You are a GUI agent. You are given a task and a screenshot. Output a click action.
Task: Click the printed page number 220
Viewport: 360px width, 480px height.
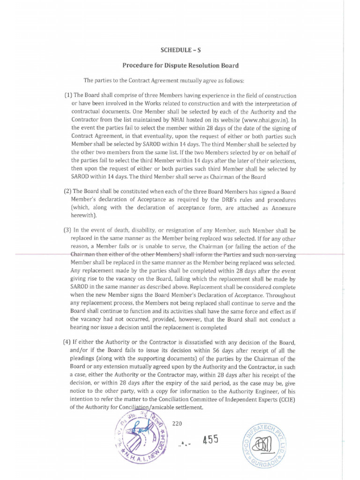tap(177, 424)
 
